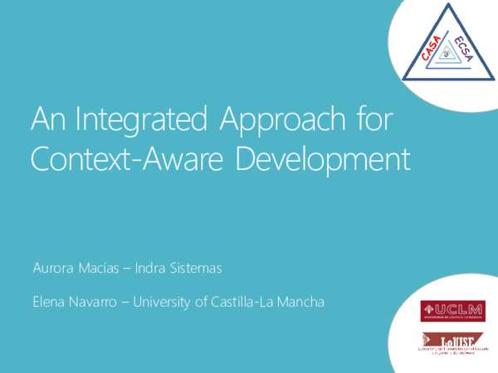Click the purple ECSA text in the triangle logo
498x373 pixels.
point(463,51)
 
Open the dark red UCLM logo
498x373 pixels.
point(453,311)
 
